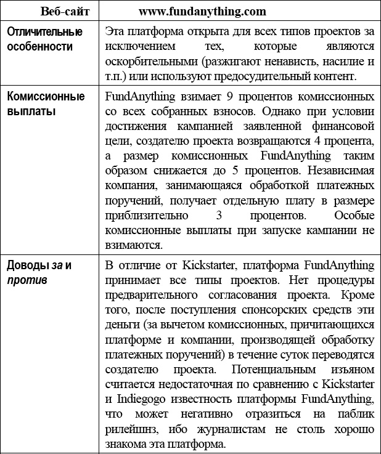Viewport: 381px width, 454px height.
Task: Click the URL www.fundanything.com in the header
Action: (202, 11)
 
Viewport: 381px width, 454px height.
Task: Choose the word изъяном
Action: (351, 371)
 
